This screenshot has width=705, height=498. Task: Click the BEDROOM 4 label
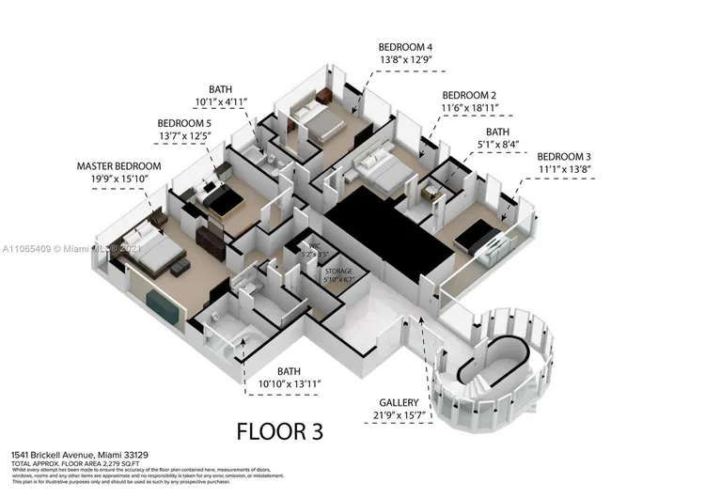(x=405, y=46)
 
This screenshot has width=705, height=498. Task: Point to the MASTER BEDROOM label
(x=118, y=166)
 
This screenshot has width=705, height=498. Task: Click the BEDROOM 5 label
(x=184, y=123)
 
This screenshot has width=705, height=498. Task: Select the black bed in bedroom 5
(x=222, y=196)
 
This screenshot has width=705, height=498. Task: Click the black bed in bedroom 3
(x=482, y=235)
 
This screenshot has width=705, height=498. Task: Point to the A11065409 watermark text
(x=28, y=249)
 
